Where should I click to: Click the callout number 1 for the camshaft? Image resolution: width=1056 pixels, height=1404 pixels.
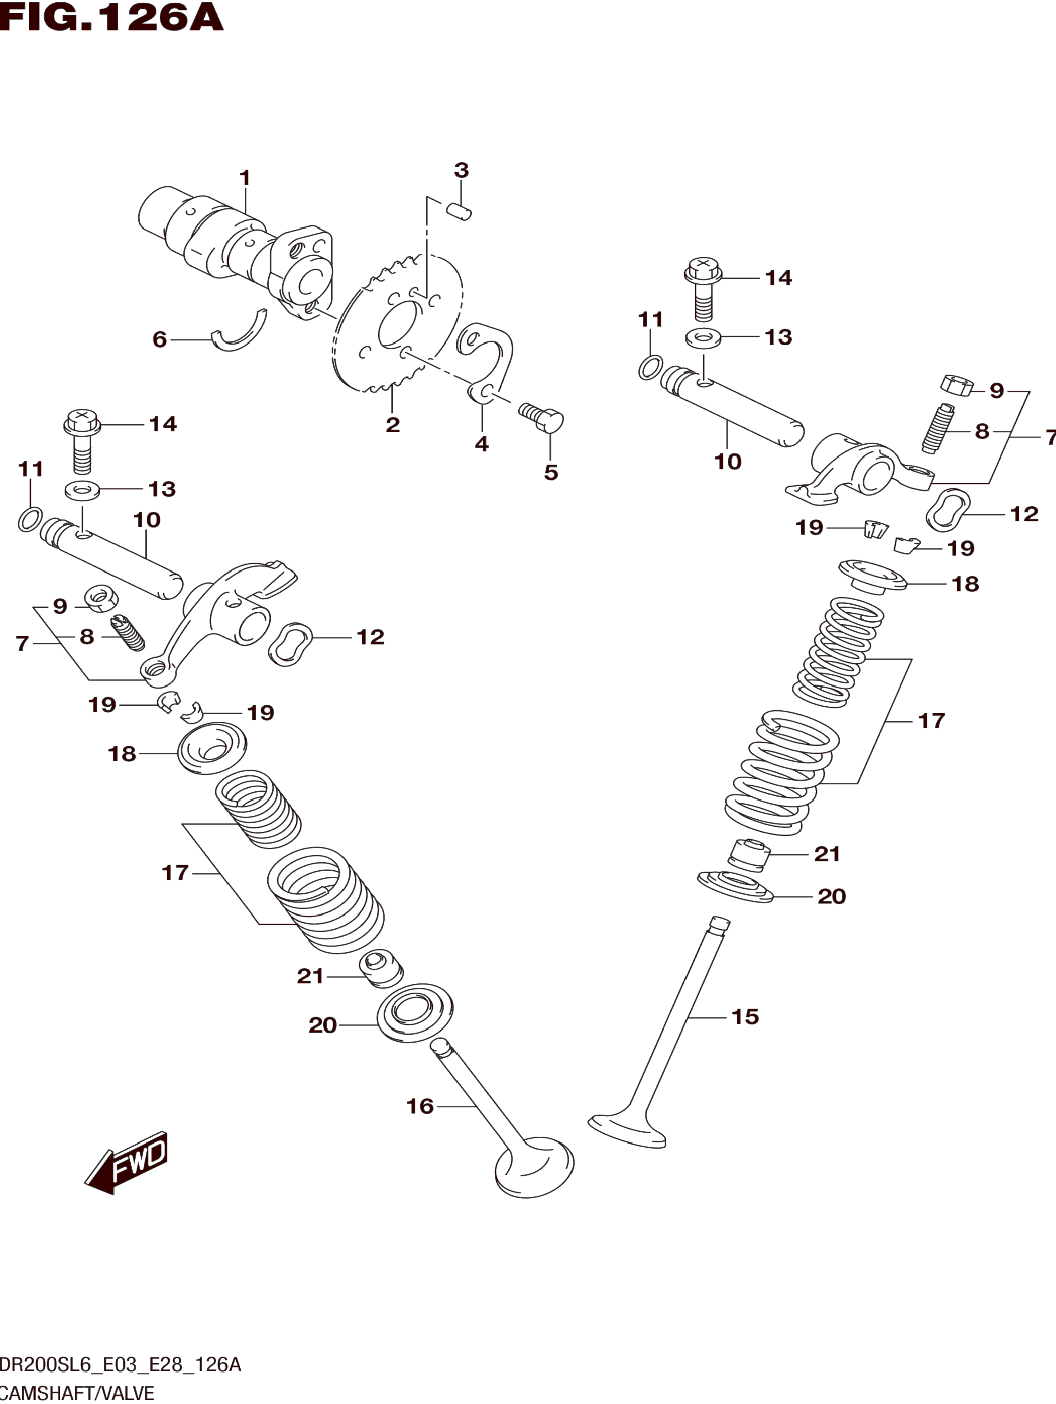point(245,178)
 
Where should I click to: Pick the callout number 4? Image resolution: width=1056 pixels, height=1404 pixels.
point(482,444)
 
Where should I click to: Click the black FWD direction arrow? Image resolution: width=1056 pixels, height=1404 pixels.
point(126,1162)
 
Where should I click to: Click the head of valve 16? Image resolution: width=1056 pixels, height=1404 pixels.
point(534,1167)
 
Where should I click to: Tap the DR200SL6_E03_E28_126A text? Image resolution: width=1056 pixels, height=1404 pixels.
point(121,1364)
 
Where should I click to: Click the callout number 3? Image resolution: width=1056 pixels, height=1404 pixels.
point(462,170)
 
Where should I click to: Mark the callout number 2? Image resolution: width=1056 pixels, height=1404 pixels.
point(393,425)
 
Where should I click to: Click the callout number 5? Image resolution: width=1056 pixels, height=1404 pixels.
point(551,472)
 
